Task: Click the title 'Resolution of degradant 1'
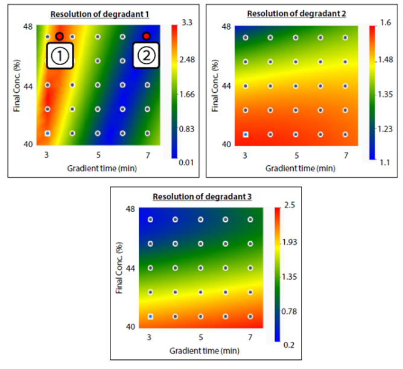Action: pyautogui.click(x=100, y=14)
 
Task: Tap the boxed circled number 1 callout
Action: pyautogui.click(x=60, y=56)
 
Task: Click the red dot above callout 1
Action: pyautogui.click(x=59, y=36)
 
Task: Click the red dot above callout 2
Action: pyautogui.click(x=145, y=36)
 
